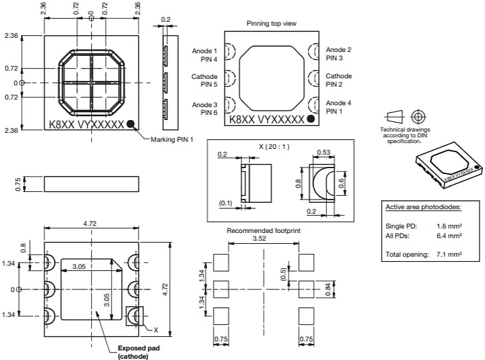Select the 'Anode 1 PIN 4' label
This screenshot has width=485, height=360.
[x=205, y=55]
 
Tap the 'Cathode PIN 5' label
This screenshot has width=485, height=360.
[x=205, y=80]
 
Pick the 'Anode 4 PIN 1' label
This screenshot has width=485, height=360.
[x=338, y=107]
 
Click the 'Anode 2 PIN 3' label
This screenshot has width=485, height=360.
[x=338, y=54]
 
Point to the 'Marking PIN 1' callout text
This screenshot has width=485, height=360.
[x=171, y=139]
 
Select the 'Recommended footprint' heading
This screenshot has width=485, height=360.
[x=264, y=230]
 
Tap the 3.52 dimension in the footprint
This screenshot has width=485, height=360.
[x=264, y=239]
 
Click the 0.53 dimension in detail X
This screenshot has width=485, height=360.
[x=324, y=152]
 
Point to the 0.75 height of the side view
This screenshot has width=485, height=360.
[x=17, y=184]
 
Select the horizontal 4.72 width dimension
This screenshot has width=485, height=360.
[x=90, y=224]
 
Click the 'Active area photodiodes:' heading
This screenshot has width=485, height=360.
[x=423, y=207]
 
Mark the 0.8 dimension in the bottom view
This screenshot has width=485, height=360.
[x=24, y=248]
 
